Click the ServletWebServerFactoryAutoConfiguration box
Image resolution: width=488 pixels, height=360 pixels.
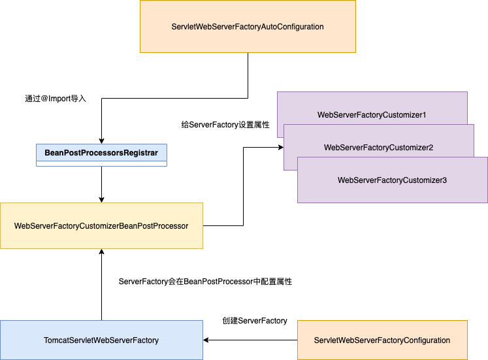coord(248,27)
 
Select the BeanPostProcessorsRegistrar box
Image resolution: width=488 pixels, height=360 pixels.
coord(101,153)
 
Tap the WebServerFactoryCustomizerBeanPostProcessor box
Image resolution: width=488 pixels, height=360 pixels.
coord(101,226)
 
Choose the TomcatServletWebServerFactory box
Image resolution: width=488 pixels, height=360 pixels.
coord(101,340)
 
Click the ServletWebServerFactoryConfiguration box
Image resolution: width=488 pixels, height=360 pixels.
coord(382,340)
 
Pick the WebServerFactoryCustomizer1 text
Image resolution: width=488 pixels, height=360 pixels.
coord(372,115)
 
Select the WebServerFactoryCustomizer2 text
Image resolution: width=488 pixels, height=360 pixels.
coord(378,148)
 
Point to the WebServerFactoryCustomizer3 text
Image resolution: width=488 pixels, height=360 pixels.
coord(392,180)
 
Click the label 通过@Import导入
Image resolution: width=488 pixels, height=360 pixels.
coord(56,99)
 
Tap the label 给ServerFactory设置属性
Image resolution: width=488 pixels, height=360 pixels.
coord(225,124)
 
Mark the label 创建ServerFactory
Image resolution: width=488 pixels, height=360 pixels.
coord(255,321)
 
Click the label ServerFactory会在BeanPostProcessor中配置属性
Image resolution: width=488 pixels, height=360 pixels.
coord(205,282)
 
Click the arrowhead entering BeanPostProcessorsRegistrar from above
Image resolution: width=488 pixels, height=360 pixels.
coord(101,140)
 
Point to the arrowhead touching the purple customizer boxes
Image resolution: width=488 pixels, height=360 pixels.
coord(279,148)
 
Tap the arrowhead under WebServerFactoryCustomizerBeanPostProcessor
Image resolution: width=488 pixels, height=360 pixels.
coord(101,252)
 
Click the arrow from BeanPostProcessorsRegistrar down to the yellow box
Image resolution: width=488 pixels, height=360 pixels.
coord(101,183)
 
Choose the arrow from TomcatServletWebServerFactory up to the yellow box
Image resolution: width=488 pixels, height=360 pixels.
coord(101,287)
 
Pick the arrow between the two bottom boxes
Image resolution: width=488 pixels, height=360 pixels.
coord(252,340)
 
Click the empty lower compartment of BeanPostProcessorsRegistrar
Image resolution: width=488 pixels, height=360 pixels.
coord(101,163)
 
